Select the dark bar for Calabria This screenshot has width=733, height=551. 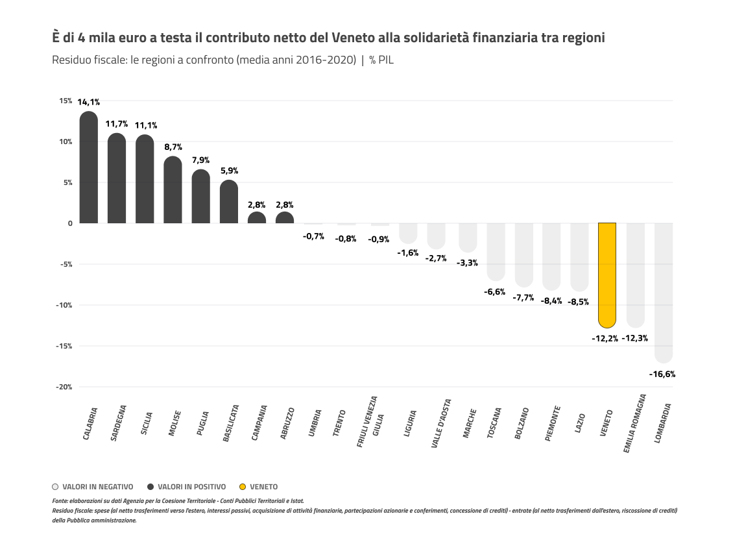pyautogui.click(x=89, y=168)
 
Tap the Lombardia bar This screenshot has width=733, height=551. pyautogui.click(x=664, y=292)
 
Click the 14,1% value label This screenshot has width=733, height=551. pyautogui.click(x=89, y=102)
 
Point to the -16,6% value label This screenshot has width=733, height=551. pyautogui.click(x=662, y=374)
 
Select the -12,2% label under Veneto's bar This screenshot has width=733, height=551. pyautogui.click(x=605, y=338)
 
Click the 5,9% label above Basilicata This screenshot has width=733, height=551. pyautogui.click(x=229, y=171)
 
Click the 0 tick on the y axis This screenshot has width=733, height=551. pyautogui.click(x=70, y=223)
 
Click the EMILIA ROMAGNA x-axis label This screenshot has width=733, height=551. pyautogui.click(x=634, y=422)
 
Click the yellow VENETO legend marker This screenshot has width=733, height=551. pyautogui.click(x=243, y=487)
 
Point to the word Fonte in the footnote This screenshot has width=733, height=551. pyautogui.click(x=59, y=501)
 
